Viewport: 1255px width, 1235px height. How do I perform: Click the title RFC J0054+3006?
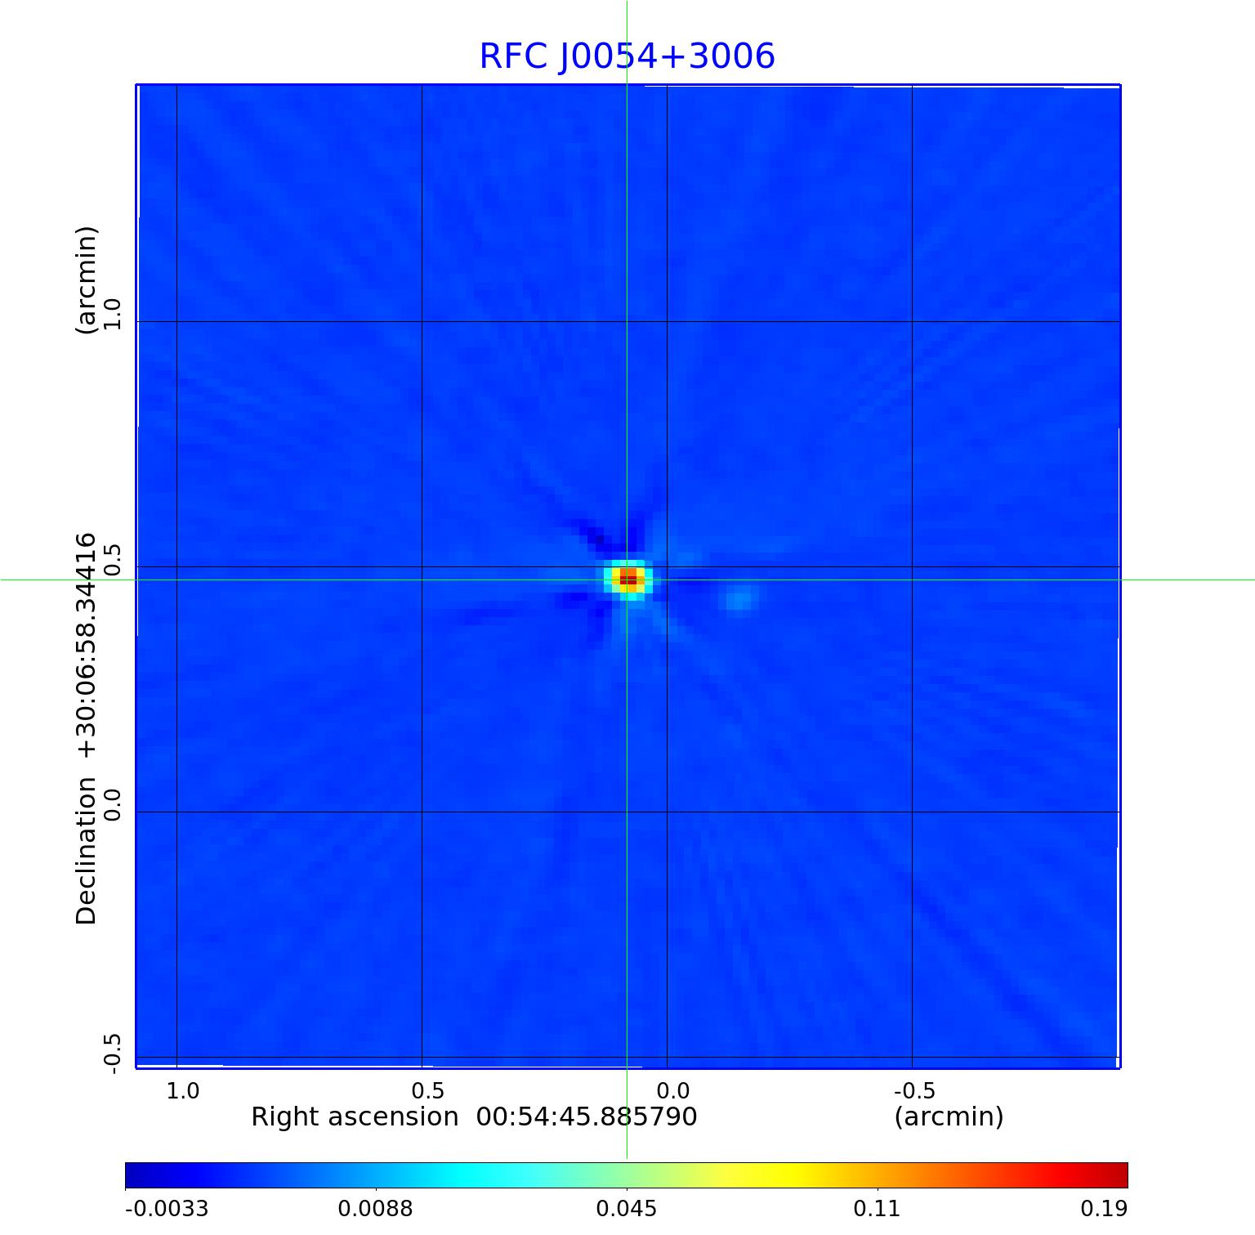(x=627, y=56)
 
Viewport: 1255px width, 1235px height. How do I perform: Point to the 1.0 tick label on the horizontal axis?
(x=182, y=1090)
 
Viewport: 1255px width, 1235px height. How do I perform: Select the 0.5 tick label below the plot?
(x=427, y=1090)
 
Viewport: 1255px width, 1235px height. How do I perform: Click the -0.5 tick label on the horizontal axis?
(x=914, y=1090)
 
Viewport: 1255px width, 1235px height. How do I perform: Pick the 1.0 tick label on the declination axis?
(x=112, y=314)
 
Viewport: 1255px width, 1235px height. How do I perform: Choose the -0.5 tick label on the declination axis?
(x=112, y=1054)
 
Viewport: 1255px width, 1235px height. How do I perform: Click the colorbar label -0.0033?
(x=167, y=1209)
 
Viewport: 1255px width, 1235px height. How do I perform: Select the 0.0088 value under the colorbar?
(x=377, y=1209)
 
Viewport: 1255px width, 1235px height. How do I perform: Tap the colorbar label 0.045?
(x=627, y=1209)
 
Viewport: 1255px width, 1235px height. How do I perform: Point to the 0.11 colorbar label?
(x=877, y=1209)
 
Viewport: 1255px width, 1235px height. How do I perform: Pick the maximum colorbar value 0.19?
(x=1103, y=1209)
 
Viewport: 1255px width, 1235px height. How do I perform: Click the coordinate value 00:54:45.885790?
(x=586, y=1116)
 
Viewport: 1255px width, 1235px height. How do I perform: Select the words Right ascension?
(x=355, y=1116)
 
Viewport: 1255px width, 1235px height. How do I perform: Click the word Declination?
(x=87, y=851)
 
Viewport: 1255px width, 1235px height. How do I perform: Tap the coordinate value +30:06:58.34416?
(x=87, y=646)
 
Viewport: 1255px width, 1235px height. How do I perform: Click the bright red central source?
(x=627, y=579)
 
